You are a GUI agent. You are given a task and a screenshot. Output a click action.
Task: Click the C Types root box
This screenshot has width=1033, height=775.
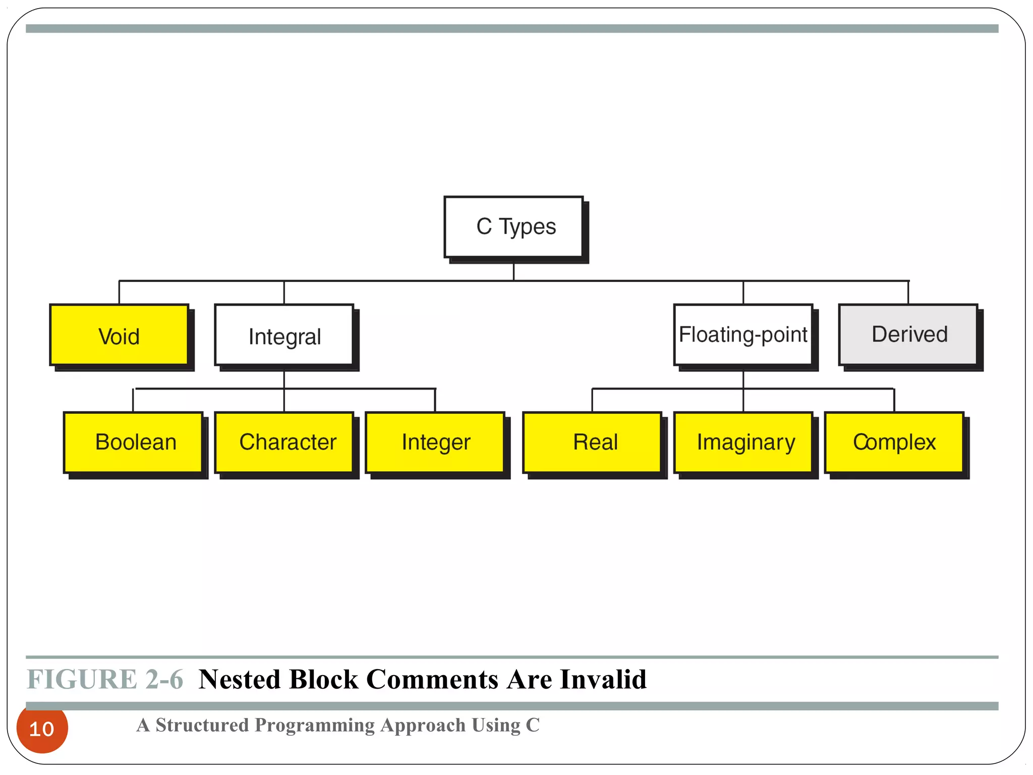pyautogui.click(x=513, y=227)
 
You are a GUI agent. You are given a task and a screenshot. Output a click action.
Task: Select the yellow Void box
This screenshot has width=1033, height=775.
pyautogui.click(x=119, y=335)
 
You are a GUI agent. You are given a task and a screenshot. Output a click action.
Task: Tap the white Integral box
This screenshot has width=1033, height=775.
pyautogui.click(x=284, y=335)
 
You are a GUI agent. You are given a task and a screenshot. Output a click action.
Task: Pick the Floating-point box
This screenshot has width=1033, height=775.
pyautogui.click(x=743, y=335)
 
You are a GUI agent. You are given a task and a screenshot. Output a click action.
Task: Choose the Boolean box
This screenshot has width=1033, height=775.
pyautogui.click(x=134, y=442)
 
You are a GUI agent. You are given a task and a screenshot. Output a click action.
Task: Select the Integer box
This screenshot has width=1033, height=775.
pyautogui.click(x=435, y=442)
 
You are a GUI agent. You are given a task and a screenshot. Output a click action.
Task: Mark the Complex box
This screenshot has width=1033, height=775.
pyautogui.click(x=894, y=442)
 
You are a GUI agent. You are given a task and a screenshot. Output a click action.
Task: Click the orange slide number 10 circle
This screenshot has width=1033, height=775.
pyautogui.click(x=42, y=729)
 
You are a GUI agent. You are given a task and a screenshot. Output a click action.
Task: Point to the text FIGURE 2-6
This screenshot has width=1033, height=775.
pyautogui.click(x=105, y=679)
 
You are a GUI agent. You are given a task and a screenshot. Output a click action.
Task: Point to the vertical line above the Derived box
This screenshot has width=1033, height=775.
pyautogui.click(x=908, y=292)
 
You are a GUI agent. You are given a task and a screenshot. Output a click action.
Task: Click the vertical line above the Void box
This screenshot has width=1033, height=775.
pyautogui.click(x=119, y=292)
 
